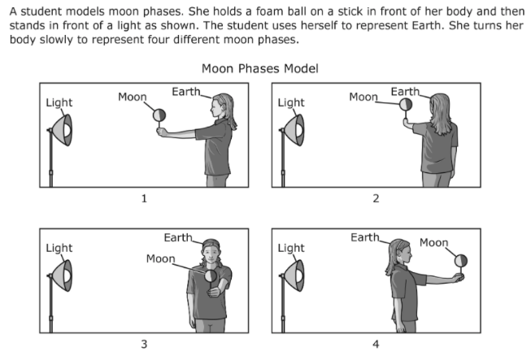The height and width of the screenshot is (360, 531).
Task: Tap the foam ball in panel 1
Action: [x=160, y=115]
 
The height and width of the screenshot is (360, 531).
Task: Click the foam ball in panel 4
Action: [x=461, y=260]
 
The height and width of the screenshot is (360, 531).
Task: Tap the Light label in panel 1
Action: [x=59, y=102]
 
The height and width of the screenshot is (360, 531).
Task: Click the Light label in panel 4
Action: [x=291, y=248]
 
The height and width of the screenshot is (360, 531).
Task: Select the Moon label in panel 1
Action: [x=132, y=97]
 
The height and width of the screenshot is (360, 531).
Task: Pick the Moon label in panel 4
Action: [x=433, y=242]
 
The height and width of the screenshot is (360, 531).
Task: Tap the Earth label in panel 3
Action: [x=178, y=237]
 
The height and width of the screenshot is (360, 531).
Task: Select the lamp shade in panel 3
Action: [x=63, y=276]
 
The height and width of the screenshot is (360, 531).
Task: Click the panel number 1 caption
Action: [x=143, y=197]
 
